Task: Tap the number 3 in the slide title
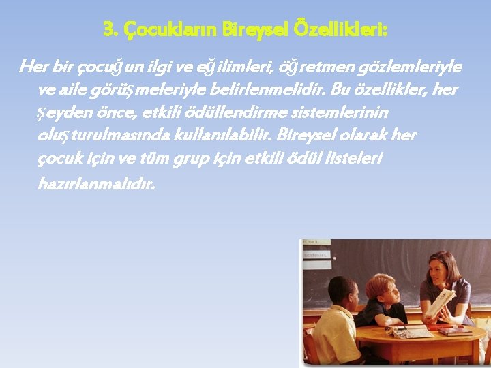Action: (x=108, y=30)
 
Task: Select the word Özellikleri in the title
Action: (x=348, y=30)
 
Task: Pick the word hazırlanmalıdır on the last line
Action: (x=97, y=183)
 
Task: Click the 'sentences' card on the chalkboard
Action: (x=316, y=255)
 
